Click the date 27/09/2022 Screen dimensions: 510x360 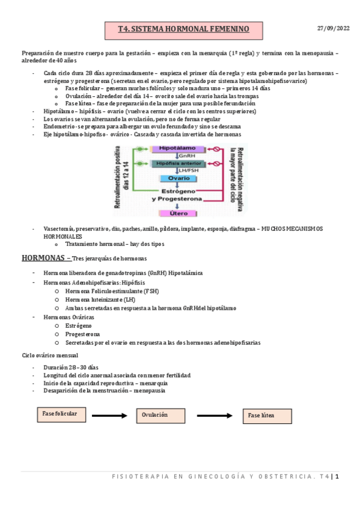click(x=332, y=28)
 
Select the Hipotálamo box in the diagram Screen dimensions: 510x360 click(x=175, y=149)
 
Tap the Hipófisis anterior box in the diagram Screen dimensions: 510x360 click(x=175, y=163)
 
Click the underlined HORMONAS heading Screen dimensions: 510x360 click(x=44, y=258)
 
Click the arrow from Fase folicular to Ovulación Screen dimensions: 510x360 click(x=110, y=415)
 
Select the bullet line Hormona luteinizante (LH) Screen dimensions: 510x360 click(x=100, y=299)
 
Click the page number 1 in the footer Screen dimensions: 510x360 click(x=338, y=476)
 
